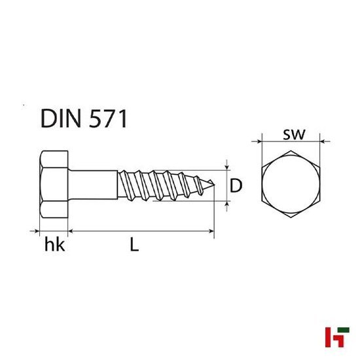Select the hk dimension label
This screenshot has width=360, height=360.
[x=54, y=245]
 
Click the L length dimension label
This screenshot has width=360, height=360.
[x=134, y=245]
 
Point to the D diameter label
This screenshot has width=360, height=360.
[x=237, y=186]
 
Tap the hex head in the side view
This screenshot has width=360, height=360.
[x=54, y=186]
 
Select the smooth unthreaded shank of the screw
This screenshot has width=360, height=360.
[x=94, y=186]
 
